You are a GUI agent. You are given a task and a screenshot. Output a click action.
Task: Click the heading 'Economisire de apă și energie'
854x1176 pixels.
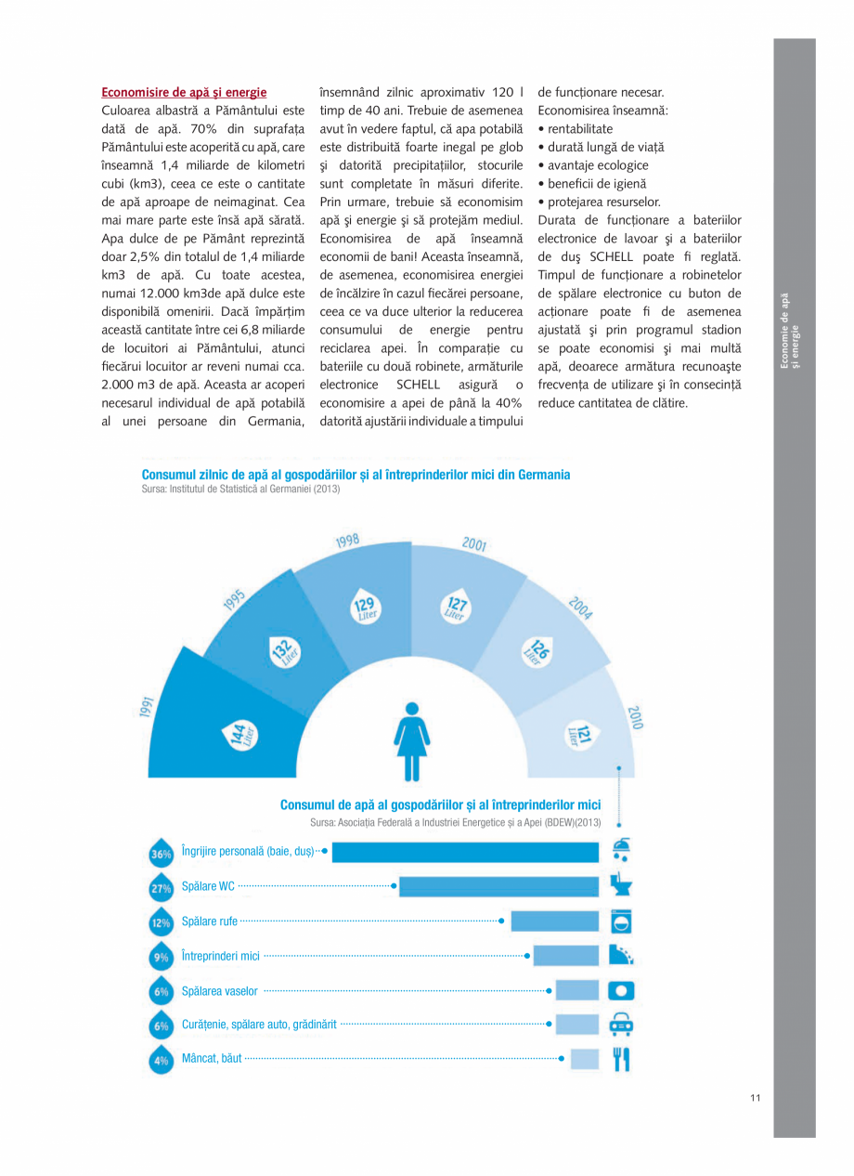[x=184, y=92]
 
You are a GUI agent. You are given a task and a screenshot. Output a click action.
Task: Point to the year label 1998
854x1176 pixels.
[x=348, y=541]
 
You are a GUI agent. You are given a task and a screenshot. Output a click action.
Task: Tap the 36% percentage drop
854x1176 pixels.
[x=161, y=854]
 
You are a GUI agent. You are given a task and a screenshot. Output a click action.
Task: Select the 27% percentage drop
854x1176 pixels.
[x=161, y=888]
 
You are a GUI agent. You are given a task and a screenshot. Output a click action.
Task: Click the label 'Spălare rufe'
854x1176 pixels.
[x=210, y=921]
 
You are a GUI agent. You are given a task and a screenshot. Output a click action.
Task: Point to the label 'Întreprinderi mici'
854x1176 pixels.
[x=221, y=956]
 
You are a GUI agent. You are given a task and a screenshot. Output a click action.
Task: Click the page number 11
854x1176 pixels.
[x=756, y=1099]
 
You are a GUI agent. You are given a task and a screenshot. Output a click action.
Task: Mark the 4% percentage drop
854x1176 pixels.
[x=161, y=1060]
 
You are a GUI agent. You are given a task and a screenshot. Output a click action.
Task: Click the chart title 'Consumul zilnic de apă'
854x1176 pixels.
[x=356, y=475]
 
